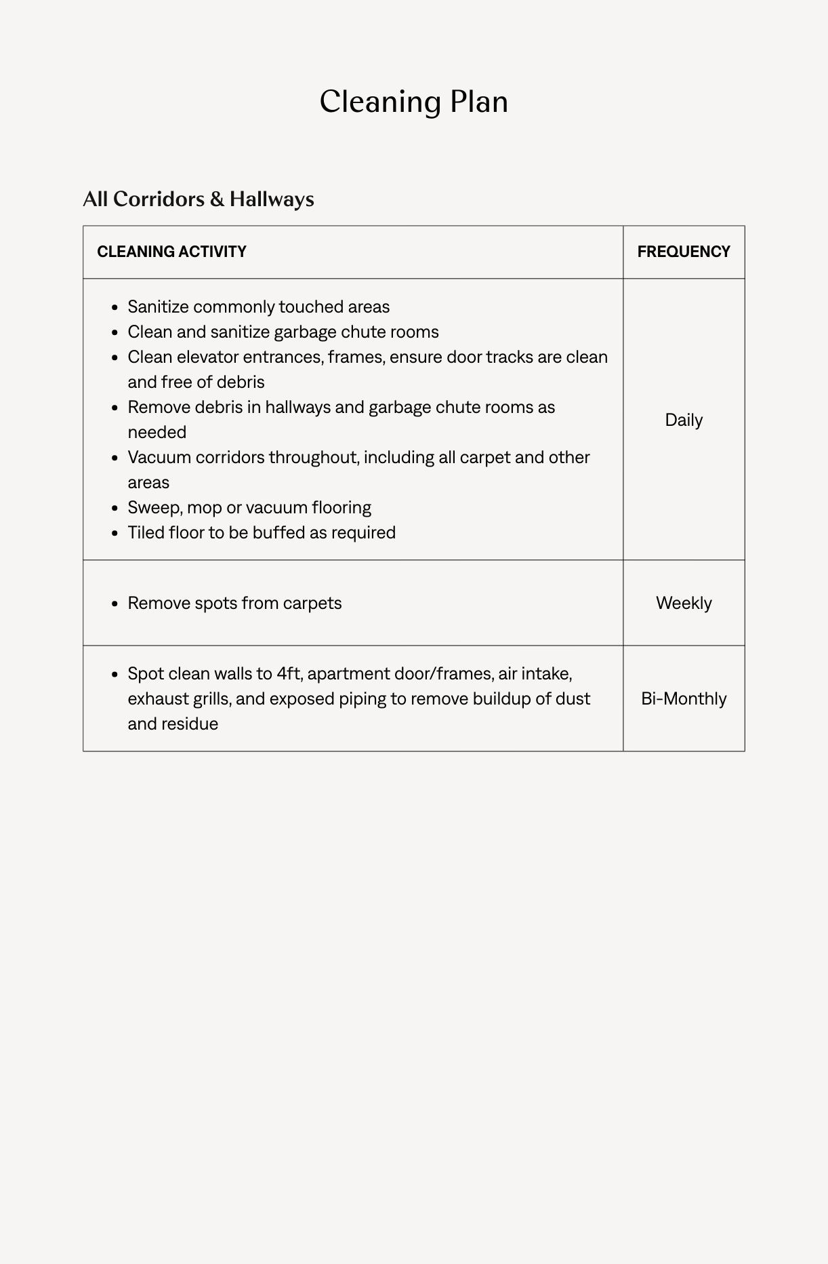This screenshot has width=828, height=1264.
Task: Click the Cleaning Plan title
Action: (x=413, y=102)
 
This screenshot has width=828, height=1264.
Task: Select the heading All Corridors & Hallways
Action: (x=199, y=199)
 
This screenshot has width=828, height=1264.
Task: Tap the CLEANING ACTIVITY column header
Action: (x=171, y=252)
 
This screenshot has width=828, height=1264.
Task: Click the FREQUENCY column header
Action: (x=683, y=252)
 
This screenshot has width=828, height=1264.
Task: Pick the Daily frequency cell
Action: (x=683, y=420)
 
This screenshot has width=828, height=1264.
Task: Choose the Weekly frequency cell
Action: (x=683, y=603)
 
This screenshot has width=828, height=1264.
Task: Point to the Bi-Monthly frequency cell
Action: (x=683, y=698)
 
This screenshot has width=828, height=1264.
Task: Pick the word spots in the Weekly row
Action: (x=215, y=603)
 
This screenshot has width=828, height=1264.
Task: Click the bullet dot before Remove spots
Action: (x=115, y=604)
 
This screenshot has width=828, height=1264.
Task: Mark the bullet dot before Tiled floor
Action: (x=115, y=533)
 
